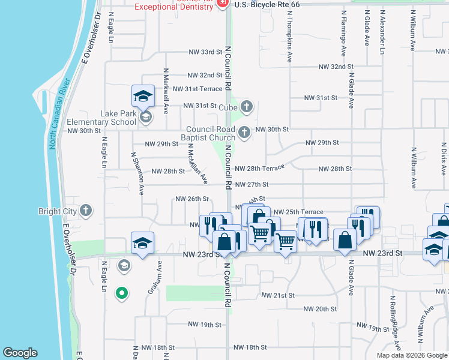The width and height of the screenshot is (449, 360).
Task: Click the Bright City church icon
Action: [86, 211]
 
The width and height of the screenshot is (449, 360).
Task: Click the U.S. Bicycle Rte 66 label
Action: [267, 4]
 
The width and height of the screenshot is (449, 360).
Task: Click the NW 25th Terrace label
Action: [298, 212]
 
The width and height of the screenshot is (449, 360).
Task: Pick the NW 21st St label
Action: [279, 295]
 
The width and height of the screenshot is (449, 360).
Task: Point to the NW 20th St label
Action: [320, 309]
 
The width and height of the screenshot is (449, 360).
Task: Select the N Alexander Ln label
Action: [382, 32]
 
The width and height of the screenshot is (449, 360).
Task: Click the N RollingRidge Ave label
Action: [396, 322]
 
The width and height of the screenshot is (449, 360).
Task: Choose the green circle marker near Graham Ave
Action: [122, 293]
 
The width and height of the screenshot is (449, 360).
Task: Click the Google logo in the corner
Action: [20, 353]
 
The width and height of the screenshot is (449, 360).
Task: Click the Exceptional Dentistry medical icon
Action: [223, 3]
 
